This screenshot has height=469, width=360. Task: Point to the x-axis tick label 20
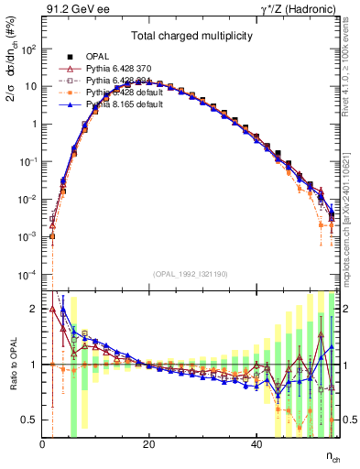[x=149, y=443]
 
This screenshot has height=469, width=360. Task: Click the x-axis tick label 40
[x=256, y=443]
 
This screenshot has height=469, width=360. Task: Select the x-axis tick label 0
[x=43, y=443]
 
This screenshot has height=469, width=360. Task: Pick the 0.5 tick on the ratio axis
[x=29, y=420]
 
